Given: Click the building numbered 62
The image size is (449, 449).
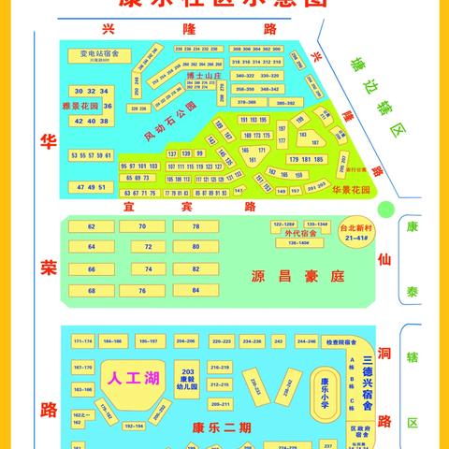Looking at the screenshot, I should tap(92, 227).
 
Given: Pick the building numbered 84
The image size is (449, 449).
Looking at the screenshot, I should tap(196, 290).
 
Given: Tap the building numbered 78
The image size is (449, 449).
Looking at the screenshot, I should tap(196, 227).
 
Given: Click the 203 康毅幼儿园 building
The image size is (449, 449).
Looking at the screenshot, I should tap(187, 377).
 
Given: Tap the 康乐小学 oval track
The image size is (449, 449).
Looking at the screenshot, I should tap(325, 386).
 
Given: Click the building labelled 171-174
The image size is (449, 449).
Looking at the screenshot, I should tap(82, 341).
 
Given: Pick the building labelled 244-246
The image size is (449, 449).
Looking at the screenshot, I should tap(307, 341).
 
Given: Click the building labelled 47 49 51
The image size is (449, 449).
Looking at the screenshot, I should tap(92, 188).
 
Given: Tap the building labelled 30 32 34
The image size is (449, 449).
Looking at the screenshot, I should tap(92, 91).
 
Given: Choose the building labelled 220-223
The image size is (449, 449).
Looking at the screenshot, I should tap(221, 341).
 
